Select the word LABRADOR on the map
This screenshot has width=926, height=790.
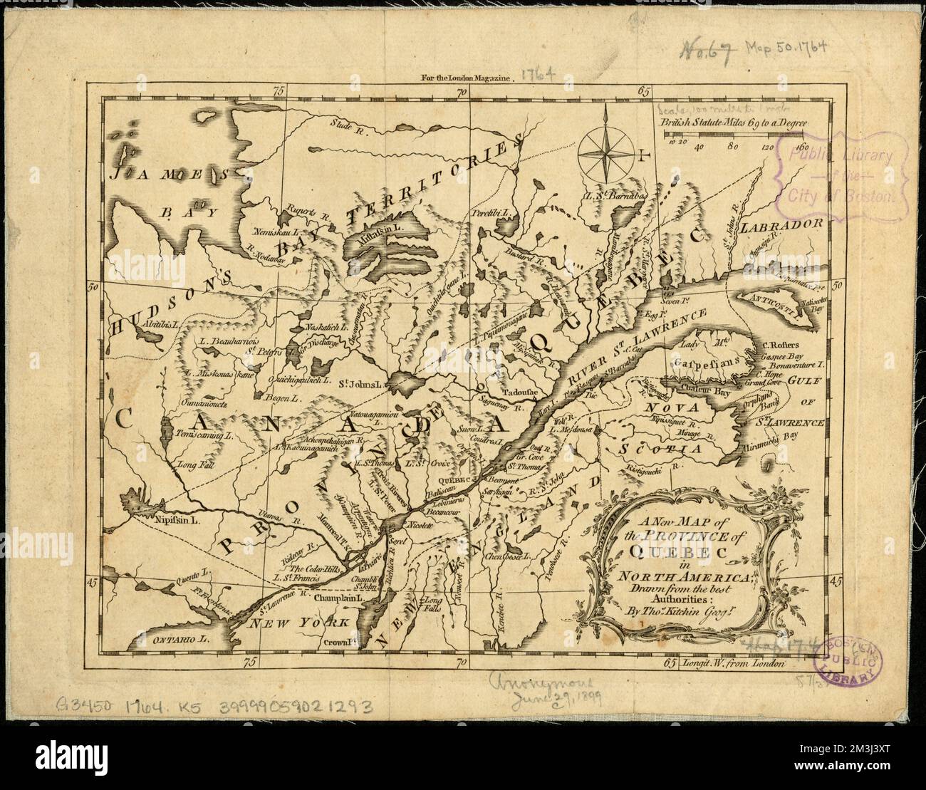pos(781,224)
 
